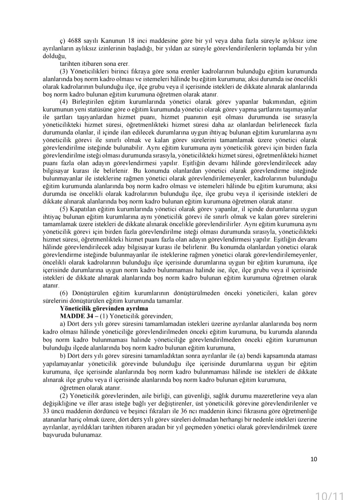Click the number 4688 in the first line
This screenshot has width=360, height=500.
pos(74,41)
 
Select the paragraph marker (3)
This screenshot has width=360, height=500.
pos(64,71)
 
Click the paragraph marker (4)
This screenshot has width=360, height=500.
pos(64,102)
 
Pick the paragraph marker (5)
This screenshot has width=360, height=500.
pos(64,209)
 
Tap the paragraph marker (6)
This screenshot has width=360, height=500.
pos(64,293)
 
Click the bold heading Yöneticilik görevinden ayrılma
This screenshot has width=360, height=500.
pos(104,308)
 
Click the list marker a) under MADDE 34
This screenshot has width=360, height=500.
pos(62,324)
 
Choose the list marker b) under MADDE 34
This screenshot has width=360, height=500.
pos(62,355)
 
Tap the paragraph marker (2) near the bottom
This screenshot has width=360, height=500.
pos(64,396)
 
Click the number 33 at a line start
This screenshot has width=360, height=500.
pos(46,411)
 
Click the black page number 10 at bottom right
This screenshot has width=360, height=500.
pos(314,459)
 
